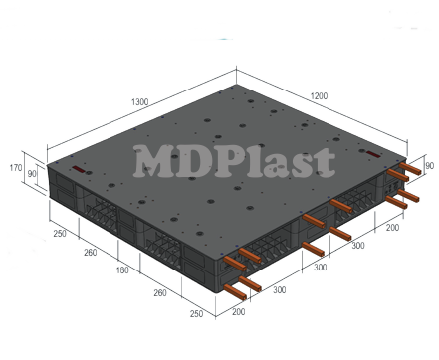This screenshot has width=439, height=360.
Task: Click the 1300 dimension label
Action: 139,101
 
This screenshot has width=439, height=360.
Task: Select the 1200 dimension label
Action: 319,95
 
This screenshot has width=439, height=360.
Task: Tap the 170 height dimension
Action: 15,168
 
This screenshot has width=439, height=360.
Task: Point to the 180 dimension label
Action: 122,270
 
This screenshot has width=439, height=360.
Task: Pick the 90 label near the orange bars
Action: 429,166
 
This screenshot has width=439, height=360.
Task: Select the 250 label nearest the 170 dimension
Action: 60,233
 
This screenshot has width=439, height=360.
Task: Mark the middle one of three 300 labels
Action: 320,269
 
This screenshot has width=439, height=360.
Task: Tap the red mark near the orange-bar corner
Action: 370,153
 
